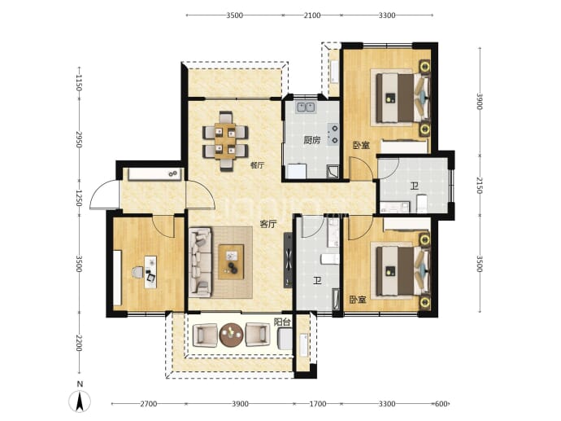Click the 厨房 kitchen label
pyautogui.click(x=311, y=140)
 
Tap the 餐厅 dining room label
pyautogui.click(x=257, y=165)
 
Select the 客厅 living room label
pyautogui.click(x=268, y=224)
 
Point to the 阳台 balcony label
pyautogui.click(x=282, y=322)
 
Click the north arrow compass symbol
pyautogui.click(x=80, y=401)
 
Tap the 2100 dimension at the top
pyautogui.click(x=312, y=15)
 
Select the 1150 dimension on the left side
pyautogui.click(x=79, y=82)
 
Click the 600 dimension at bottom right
pyautogui.click(x=441, y=404)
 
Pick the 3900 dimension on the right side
pyautogui.click(x=480, y=102)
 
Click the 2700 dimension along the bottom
pyautogui.click(x=148, y=404)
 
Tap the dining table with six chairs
pyautogui.click(x=225, y=140)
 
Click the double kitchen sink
pyautogui.click(x=305, y=107)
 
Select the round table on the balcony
pyautogui.click(x=231, y=335)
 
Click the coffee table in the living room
pyautogui.click(x=231, y=262)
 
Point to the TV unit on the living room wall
pyautogui.click(x=288, y=260)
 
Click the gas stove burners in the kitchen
pyautogui.click(x=334, y=134)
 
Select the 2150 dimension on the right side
pyautogui.click(x=480, y=185)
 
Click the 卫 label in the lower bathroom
pyautogui.click(x=317, y=281)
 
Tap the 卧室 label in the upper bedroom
pyautogui.click(x=361, y=146)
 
